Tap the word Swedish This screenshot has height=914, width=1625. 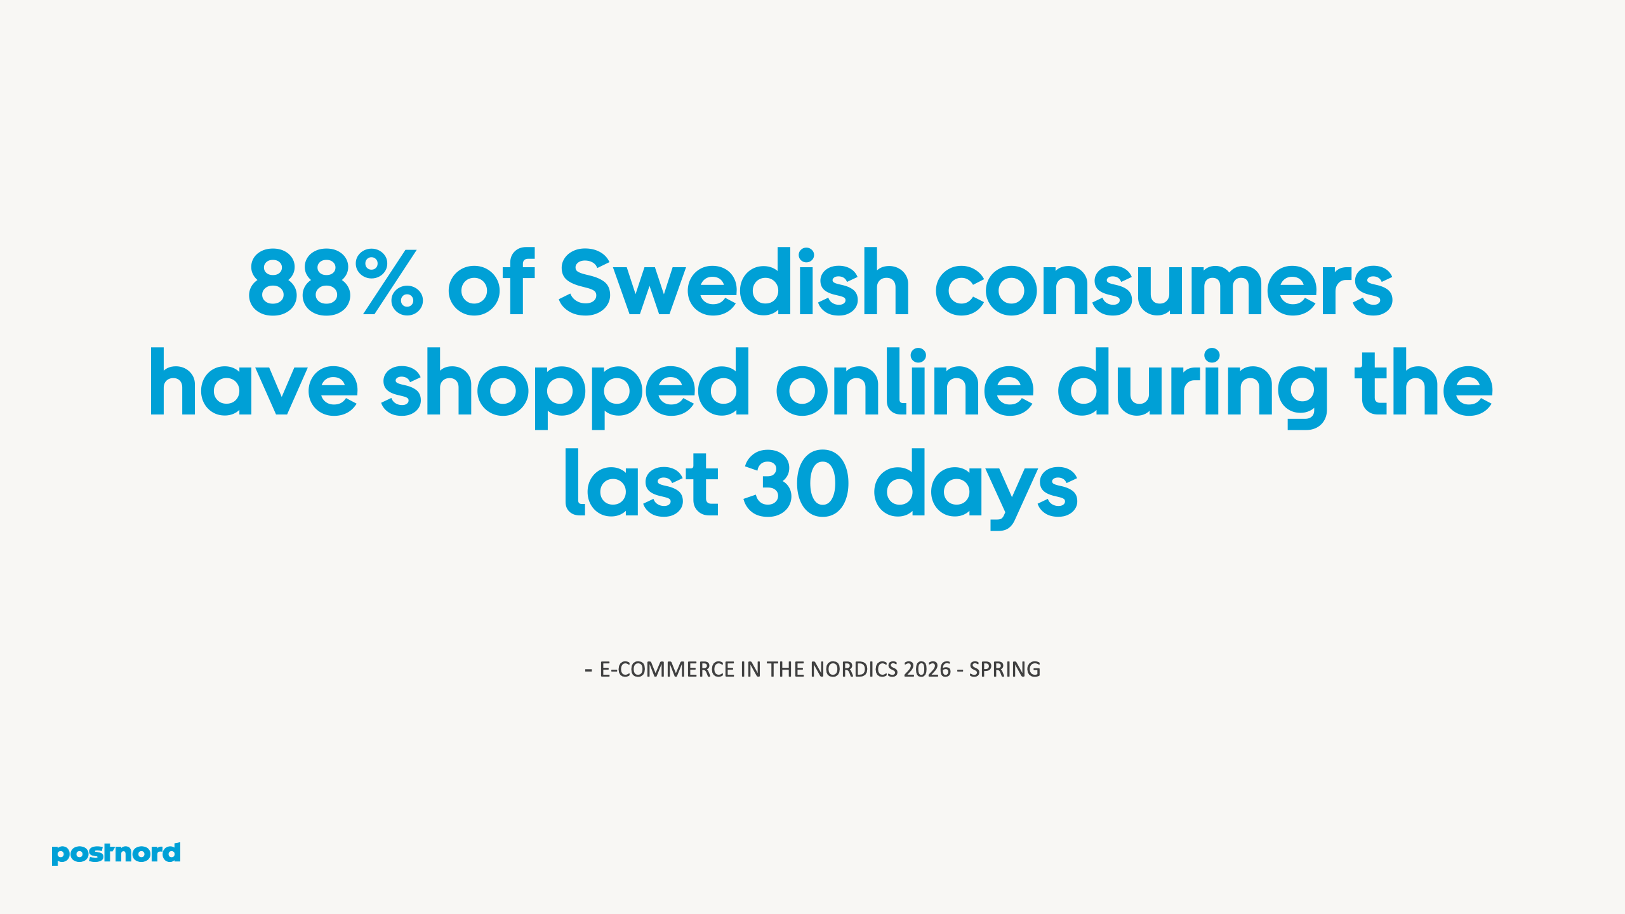click(734, 282)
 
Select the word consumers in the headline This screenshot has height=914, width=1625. click(1164, 283)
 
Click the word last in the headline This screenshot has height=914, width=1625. click(641, 483)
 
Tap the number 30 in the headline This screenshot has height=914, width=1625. click(796, 484)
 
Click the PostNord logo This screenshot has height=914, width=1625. click(116, 853)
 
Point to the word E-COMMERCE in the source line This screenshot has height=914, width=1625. click(667, 670)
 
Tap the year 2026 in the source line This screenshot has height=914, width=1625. click(927, 670)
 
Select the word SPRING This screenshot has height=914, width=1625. click(1005, 670)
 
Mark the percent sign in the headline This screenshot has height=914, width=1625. click(388, 283)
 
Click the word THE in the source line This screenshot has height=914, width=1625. click(786, 670)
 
